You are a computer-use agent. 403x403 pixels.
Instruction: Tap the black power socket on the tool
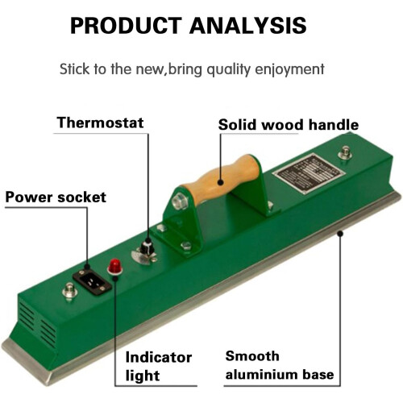[92, 281]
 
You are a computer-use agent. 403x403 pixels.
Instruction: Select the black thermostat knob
[147, 246]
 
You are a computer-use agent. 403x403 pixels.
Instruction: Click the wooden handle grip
[221, 179]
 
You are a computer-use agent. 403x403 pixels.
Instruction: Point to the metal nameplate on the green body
[309, 173]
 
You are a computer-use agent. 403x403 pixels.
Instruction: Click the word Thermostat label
[100, 123]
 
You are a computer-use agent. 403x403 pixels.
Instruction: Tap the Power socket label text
[56, 197]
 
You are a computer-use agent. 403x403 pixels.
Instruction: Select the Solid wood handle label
[289, 125]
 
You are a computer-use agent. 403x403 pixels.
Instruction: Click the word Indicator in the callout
[159, 358]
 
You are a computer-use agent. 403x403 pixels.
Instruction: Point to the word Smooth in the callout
[252, 356]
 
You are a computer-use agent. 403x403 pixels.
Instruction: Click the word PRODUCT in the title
[126, 26]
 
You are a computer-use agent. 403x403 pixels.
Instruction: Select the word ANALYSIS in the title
[248, 26]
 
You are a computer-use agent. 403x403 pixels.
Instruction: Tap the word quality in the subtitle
[229, 69]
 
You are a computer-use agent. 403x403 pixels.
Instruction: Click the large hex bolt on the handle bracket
[179, 201]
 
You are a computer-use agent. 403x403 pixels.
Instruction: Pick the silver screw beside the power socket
[69, 290]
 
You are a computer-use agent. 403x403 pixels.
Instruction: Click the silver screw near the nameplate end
[345, 152]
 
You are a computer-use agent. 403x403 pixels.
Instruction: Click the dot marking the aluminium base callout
[340, 234]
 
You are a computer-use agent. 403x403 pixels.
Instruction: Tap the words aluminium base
[280, 374]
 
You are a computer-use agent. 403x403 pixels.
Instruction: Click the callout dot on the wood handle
[221, 182]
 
